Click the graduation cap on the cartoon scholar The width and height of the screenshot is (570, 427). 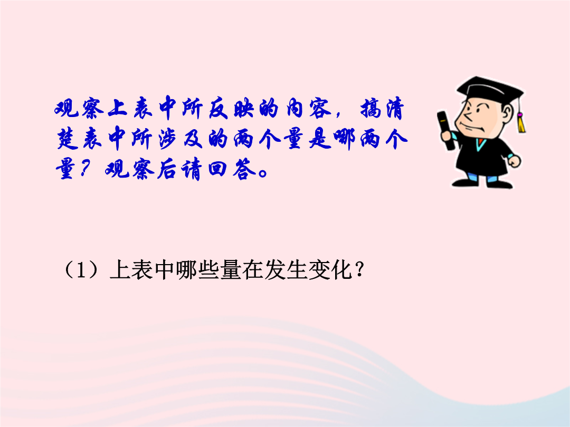[x=489, y=91]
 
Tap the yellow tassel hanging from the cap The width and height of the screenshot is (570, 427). [x=521, y=122]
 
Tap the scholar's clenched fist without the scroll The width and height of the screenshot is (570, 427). [x=514, y=160]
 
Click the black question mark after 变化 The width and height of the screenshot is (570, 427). [x=359, y=270]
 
